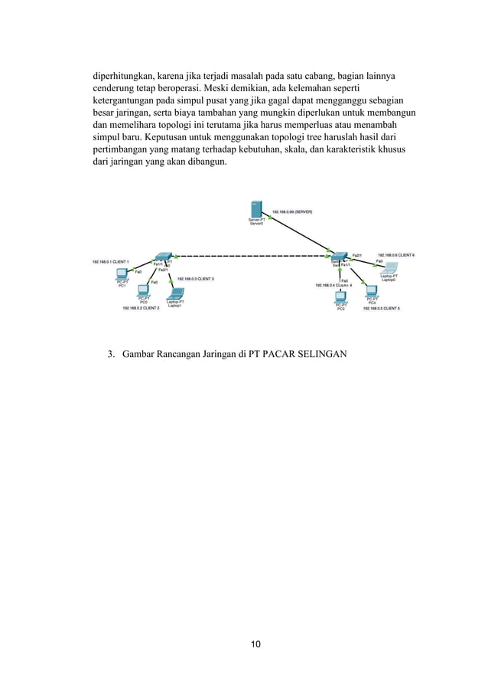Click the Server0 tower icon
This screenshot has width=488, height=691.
257,210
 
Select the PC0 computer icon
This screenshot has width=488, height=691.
143,292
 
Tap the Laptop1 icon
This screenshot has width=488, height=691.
175,293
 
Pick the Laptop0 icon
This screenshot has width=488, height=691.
389,269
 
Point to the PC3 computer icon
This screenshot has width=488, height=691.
372,292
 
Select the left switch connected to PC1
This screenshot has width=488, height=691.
163,256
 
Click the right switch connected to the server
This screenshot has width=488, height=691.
337,256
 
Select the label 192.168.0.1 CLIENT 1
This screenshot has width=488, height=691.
110,261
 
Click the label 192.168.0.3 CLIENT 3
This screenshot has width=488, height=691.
196,279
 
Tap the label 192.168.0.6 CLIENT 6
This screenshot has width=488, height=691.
396,255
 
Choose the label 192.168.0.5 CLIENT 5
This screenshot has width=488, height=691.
387,308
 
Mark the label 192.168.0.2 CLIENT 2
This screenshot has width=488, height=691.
141,308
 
